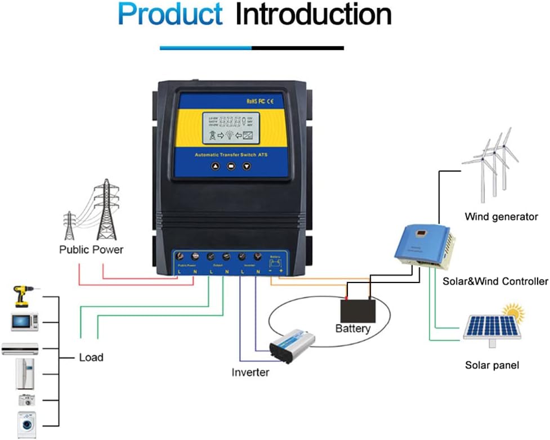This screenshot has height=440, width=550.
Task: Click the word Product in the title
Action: (x=170, y=15)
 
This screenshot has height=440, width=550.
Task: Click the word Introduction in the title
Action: (x=313, y=15)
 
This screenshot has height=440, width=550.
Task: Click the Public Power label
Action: (x=91, y=249)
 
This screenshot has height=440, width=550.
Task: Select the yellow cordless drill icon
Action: (x=22, y=296)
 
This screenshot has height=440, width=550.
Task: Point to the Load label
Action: (x=91, y=357)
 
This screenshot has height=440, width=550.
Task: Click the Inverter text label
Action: (x=251, y=372)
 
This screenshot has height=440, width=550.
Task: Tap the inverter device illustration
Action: (x=292, y=344)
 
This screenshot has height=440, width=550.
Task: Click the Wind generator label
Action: (x=501, y=217)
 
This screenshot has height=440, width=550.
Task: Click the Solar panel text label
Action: (x=492, y=366)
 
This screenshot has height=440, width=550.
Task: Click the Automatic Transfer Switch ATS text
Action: (x=231, y=155)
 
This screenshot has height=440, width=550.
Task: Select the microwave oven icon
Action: (x=24, y=322)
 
